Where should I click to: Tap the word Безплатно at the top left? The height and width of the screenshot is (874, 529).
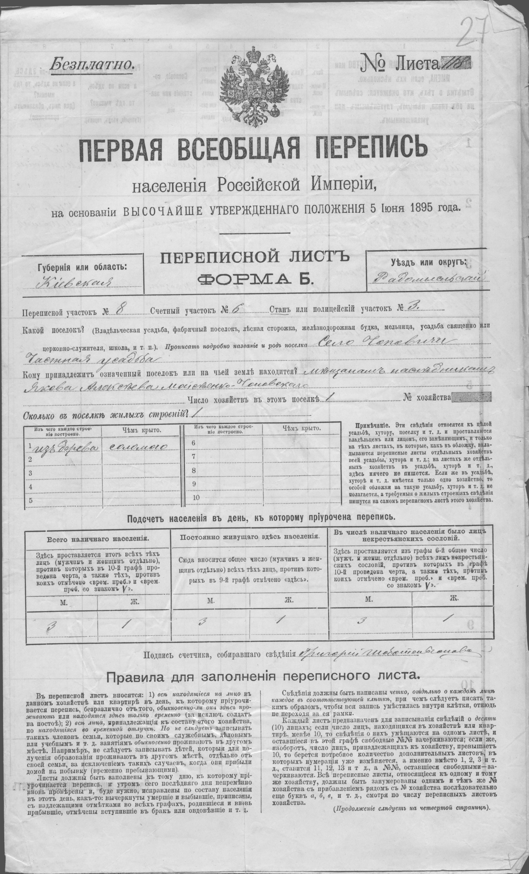(x=92, y=64)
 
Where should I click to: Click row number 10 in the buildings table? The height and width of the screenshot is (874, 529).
(x=195, y=498)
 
